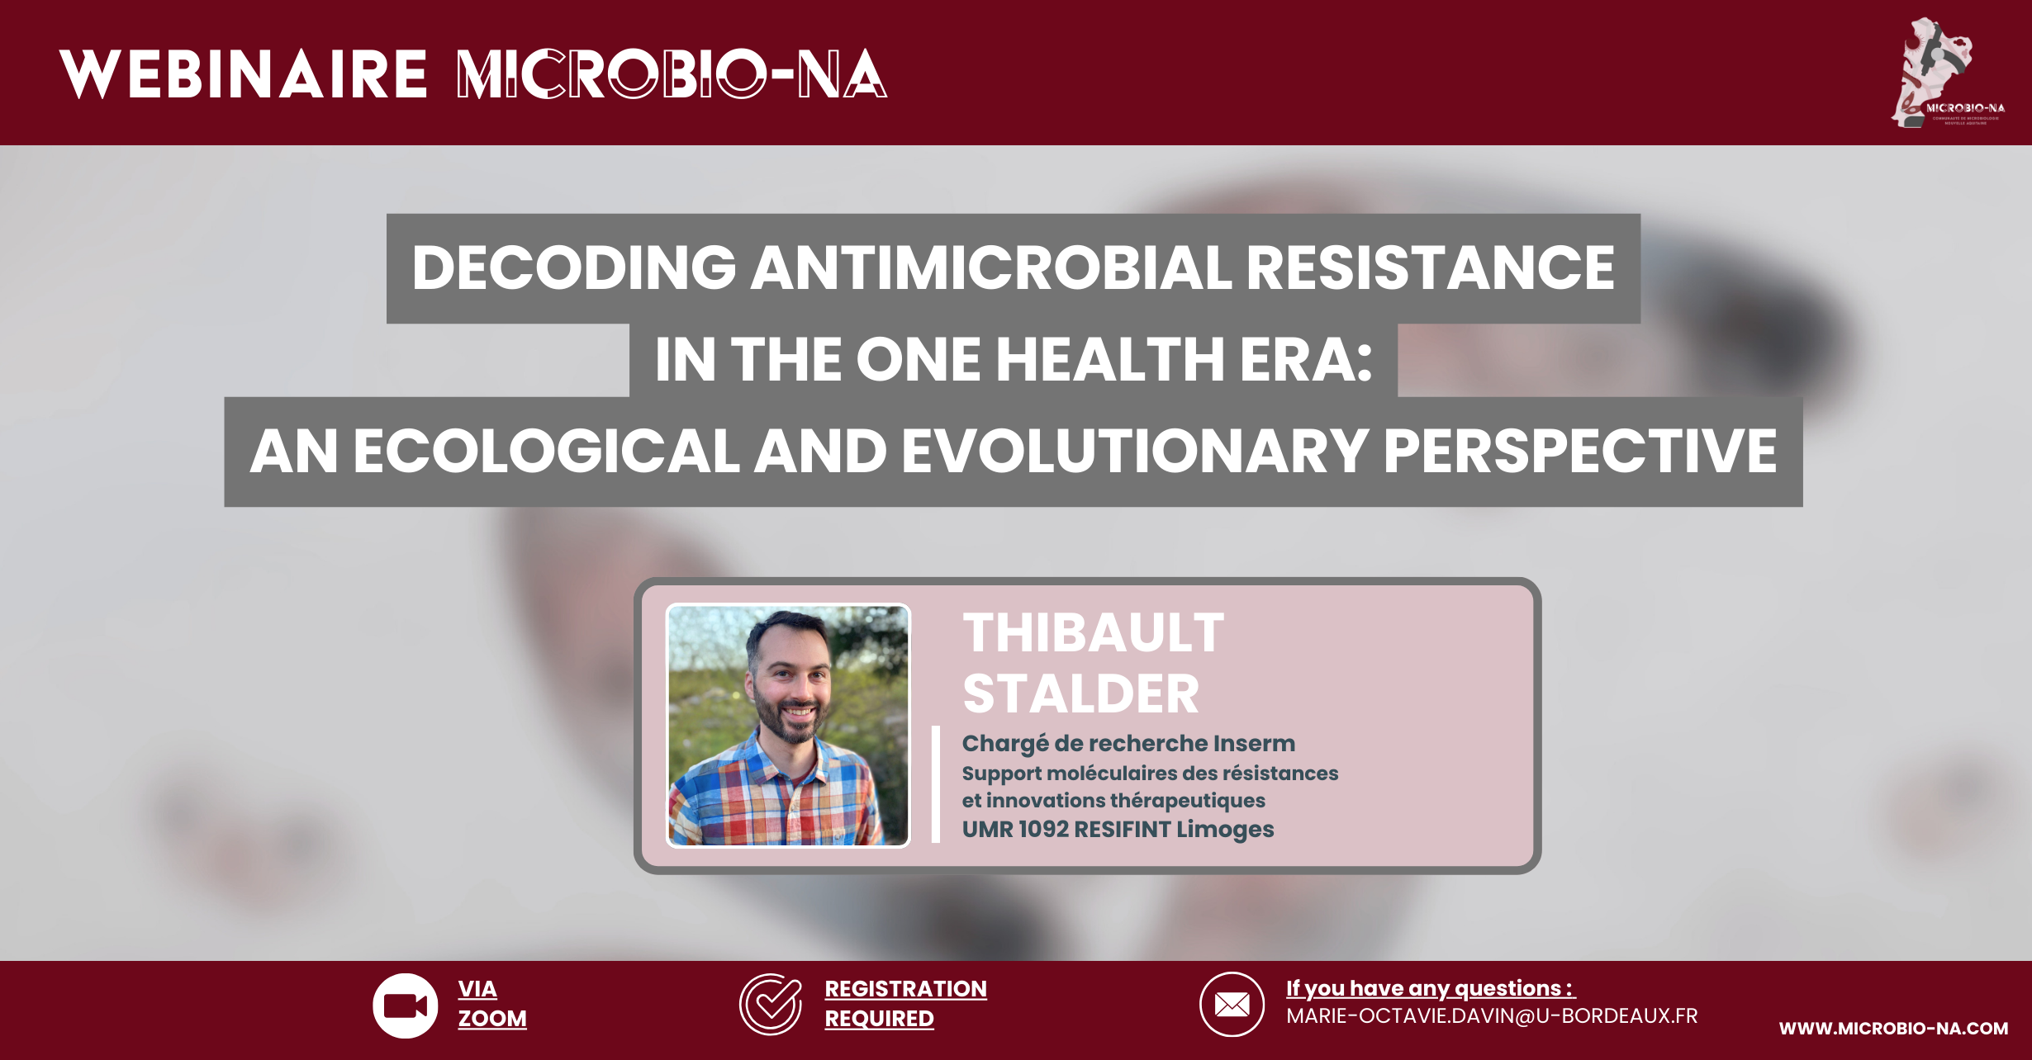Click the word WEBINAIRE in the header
pos(244,74)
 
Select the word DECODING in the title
pos(574,268)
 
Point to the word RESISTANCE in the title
pos(1430,268)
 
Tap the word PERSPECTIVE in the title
pos(1579,452)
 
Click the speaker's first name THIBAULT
pos(1094,633)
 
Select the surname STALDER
pos(1080,694)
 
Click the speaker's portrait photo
pos(788,726)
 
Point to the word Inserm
pos(1254,743)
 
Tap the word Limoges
pos(1225,830)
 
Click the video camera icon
pos(405,1006)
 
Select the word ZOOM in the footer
pos(492,1019)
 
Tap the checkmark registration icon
pos(770,1005)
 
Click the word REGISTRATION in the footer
pos(905,988)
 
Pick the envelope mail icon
pos(1232,1005)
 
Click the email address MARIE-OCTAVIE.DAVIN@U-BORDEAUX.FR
pos(1492,1016)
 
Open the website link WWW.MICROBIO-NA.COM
pos(1893,1029)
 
